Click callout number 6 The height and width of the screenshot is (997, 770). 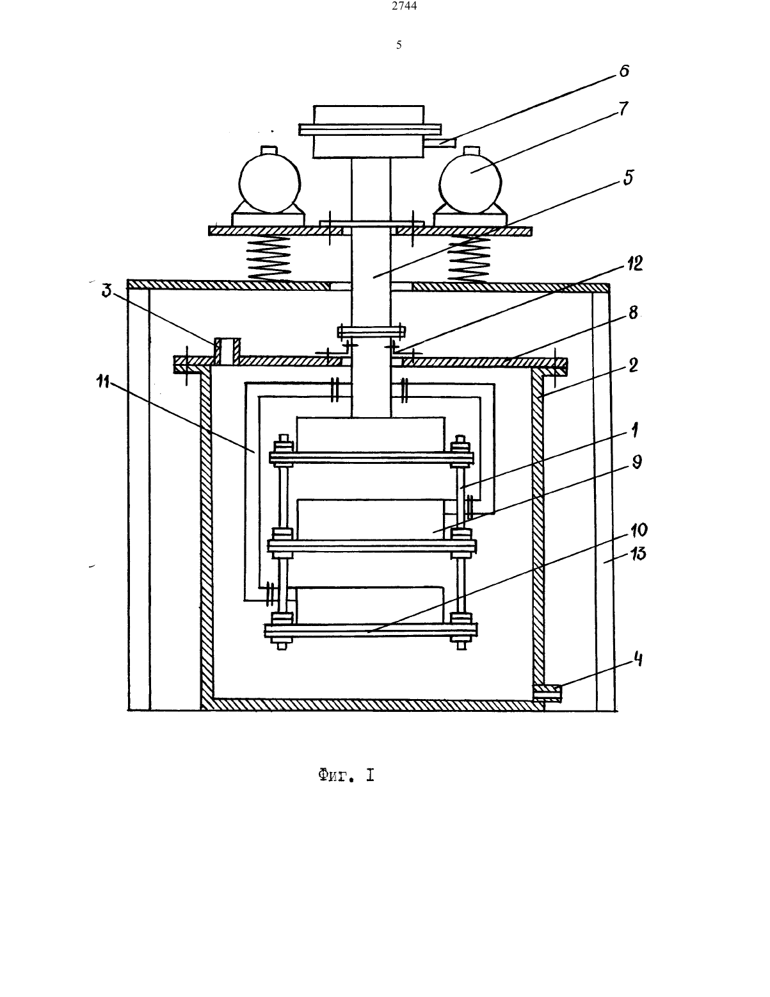click(624, 71)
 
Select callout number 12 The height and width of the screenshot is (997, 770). click(635, 263)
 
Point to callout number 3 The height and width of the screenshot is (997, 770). click(106, 290)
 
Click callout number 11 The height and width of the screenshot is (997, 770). click(103, 381)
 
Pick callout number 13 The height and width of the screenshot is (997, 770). click(638, 554)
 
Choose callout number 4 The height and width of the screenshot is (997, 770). click(638, 659)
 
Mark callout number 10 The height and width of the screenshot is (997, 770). click(639, 530)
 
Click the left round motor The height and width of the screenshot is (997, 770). click(269, 183)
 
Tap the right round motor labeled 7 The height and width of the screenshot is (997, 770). click(470, 183)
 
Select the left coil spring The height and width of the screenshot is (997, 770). click(269, 258)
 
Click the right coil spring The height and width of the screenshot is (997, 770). click(469, 260)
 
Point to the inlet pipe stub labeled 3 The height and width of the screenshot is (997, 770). click(227, 352)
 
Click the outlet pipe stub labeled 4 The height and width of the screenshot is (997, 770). click(548, 693)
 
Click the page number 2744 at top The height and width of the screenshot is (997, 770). click(405, 6)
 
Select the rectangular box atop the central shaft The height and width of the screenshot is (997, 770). click(369, 132)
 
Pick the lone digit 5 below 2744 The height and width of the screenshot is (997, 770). click(399, 45)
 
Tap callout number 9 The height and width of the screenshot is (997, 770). click(637, 463)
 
